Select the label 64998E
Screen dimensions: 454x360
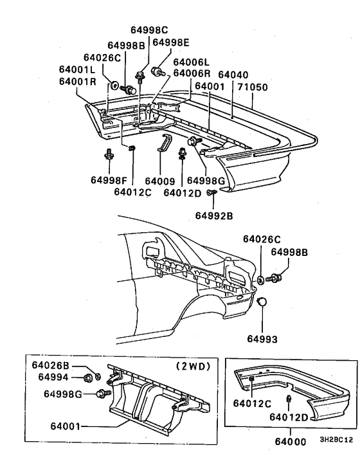(172, 42)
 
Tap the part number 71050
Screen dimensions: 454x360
(252, 86)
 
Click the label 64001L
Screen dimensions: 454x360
(77, 70)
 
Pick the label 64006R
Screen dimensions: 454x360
(191, 73)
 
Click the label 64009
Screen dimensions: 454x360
(160, 181)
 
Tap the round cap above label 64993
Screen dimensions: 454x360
(262, 302)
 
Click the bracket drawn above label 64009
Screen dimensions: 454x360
(164, 146)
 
